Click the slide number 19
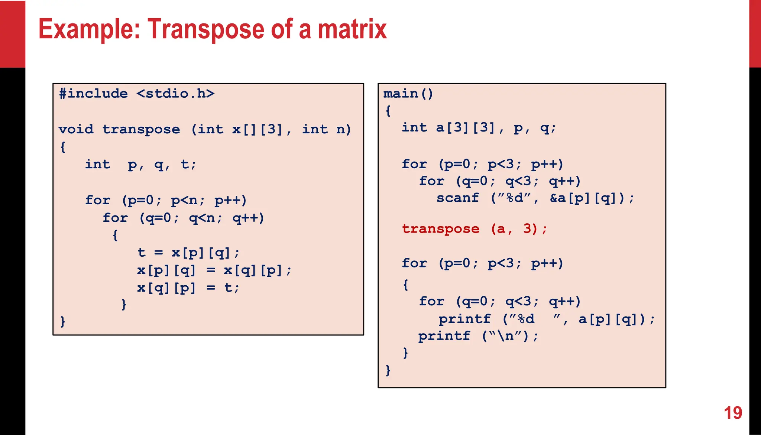pos(733,413)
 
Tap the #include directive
pos(93,93)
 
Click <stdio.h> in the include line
pos(175,93)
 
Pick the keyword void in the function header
pos(76,129)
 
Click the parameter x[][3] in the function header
pos(257,129)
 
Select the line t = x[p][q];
pos(188,253)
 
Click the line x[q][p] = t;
pos(188,288)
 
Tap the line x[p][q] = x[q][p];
pos(214,270)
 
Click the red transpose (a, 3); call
pos(475,229)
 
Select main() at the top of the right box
pos(408,93)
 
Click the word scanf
pos(457,198)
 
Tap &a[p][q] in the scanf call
pos(587,198)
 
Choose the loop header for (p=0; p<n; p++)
pos(166,200)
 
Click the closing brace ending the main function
pos(388,370)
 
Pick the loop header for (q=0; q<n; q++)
pos(183,218)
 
